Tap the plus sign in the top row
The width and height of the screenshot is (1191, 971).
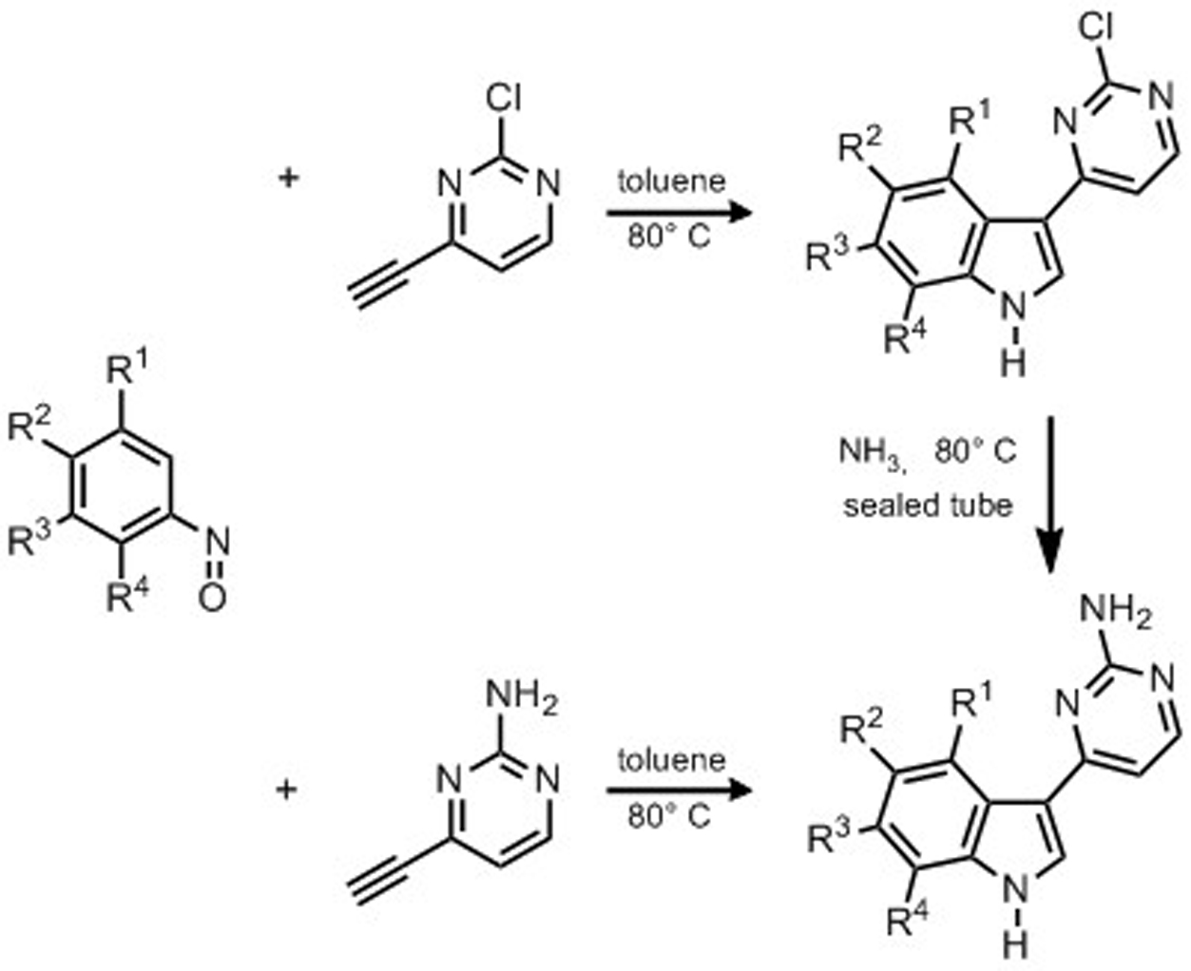click(286, 177)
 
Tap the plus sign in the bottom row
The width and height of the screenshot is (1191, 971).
click(286, 789)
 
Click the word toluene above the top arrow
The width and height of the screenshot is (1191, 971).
click(671, 181)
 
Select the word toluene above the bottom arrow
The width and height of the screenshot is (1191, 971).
click(671, 760)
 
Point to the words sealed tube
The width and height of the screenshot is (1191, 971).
click(927, 505)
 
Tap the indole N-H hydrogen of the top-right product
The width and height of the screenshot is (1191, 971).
click(1013, 363)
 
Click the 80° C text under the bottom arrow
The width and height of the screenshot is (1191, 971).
click(668, 818)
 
